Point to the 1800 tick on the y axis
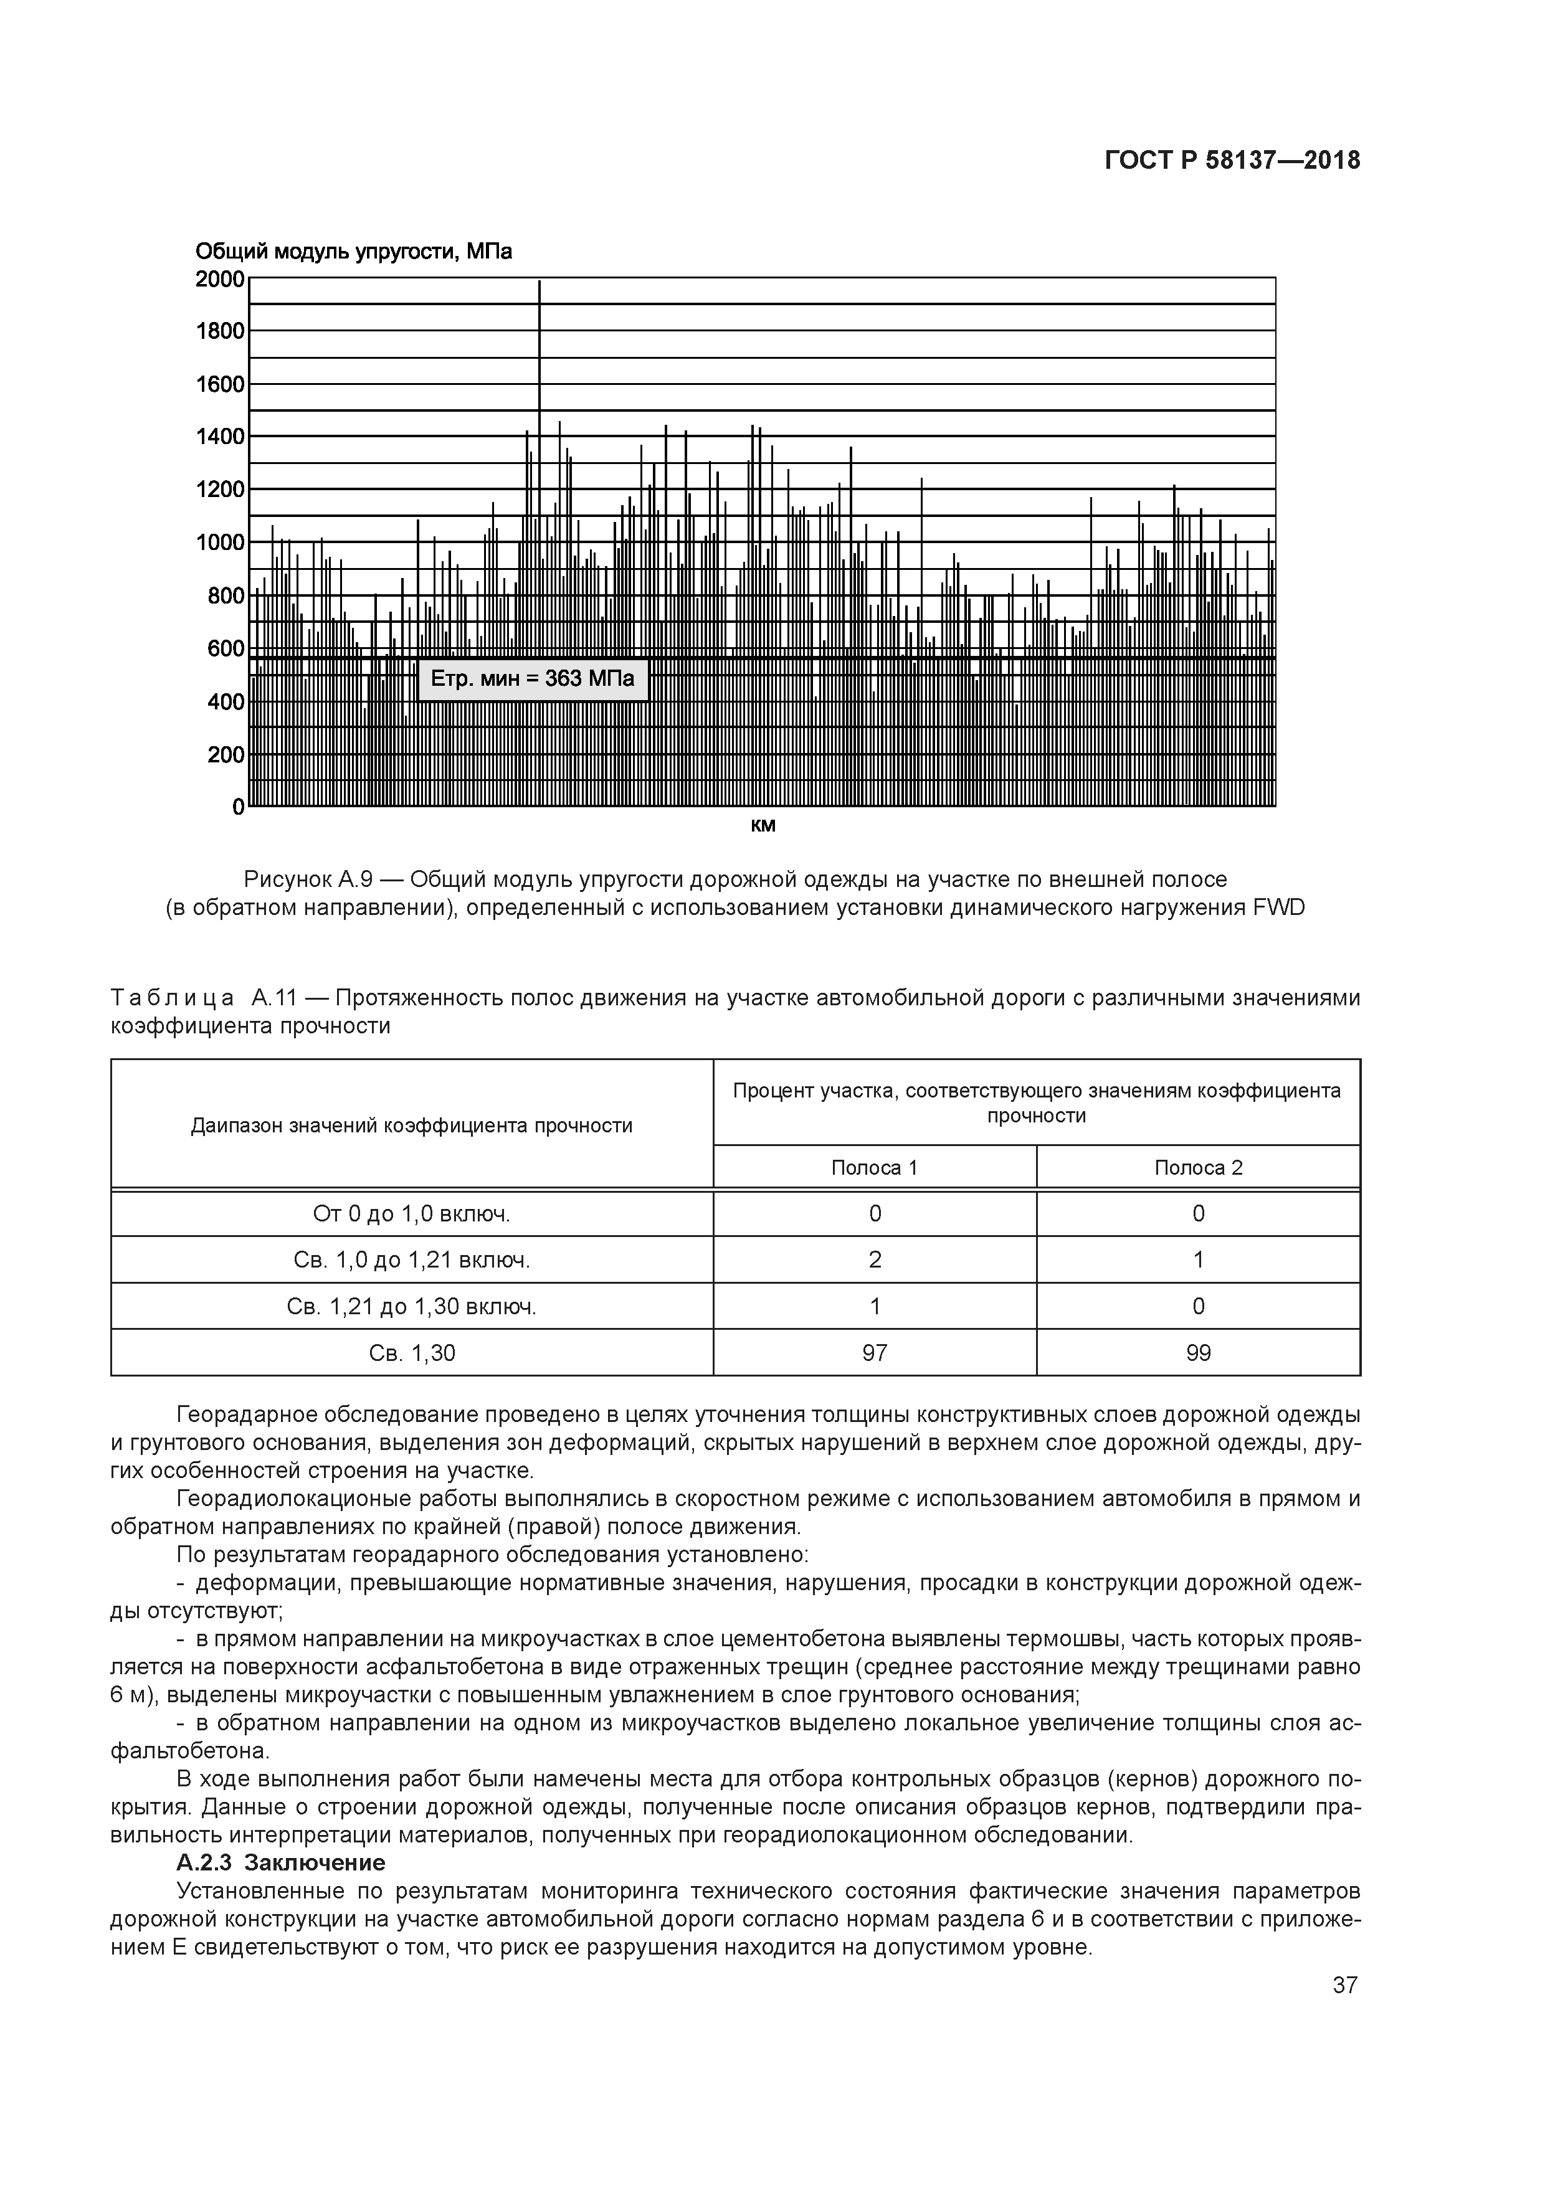(x=220, y=331)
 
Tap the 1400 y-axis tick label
(x=220, y=437)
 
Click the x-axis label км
(x=763, y=825)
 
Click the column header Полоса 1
(x=874, y=1168)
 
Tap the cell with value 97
(x=874, y=1352)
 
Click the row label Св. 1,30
(x=411, y=1352)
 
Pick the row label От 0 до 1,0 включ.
(x=411, y=1213)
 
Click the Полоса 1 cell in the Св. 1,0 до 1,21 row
(x=874, y=1260)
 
